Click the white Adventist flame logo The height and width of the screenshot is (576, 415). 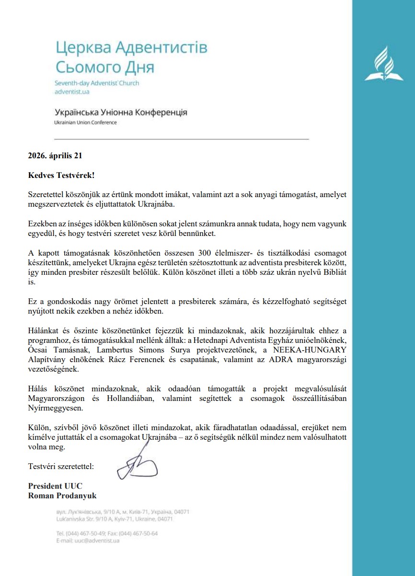[384, 63]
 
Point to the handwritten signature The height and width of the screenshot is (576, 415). [137, 462]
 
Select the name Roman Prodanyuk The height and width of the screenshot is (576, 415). [62, 495]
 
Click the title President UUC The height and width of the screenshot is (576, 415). [52, 486]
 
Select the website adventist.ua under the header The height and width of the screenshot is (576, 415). [72, 92]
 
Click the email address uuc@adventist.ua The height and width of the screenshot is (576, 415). [95, 541]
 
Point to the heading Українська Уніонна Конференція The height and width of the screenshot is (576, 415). [121, 113]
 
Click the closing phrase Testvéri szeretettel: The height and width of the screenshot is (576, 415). [61, 466]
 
